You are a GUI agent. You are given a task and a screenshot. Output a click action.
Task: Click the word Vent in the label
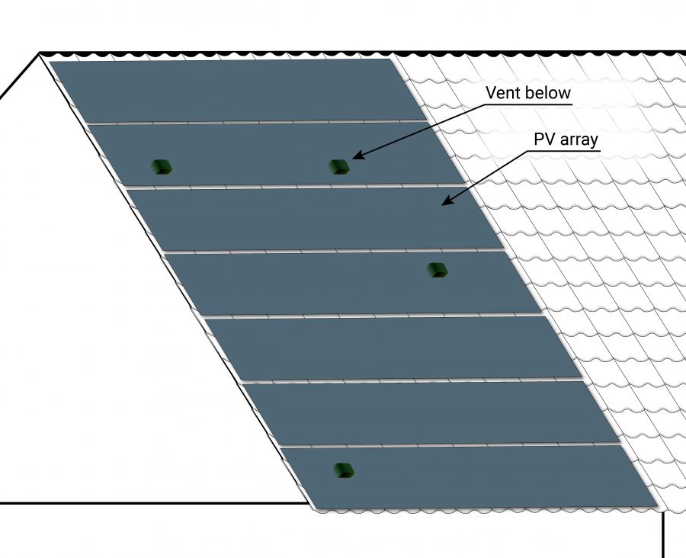[x=503, y=94]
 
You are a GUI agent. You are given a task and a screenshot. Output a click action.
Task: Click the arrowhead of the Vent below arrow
[x=356, y=157]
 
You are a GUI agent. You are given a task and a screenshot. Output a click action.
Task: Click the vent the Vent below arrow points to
[x=339, y=166]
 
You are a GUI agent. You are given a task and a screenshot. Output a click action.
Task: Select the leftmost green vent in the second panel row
[x=161, y=166]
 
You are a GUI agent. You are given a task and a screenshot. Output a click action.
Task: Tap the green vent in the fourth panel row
[x=438, y=269]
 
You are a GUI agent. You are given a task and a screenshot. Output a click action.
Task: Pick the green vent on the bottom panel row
[x=345, y=470]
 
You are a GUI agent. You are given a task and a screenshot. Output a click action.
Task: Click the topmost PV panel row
[x=229, y=90]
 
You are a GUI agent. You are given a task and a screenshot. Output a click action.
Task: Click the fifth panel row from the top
[x=389, y=348]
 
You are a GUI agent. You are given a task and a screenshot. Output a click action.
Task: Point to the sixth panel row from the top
[x=427, y=412]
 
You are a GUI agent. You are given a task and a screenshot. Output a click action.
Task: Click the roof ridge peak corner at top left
[x=40, y=53]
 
